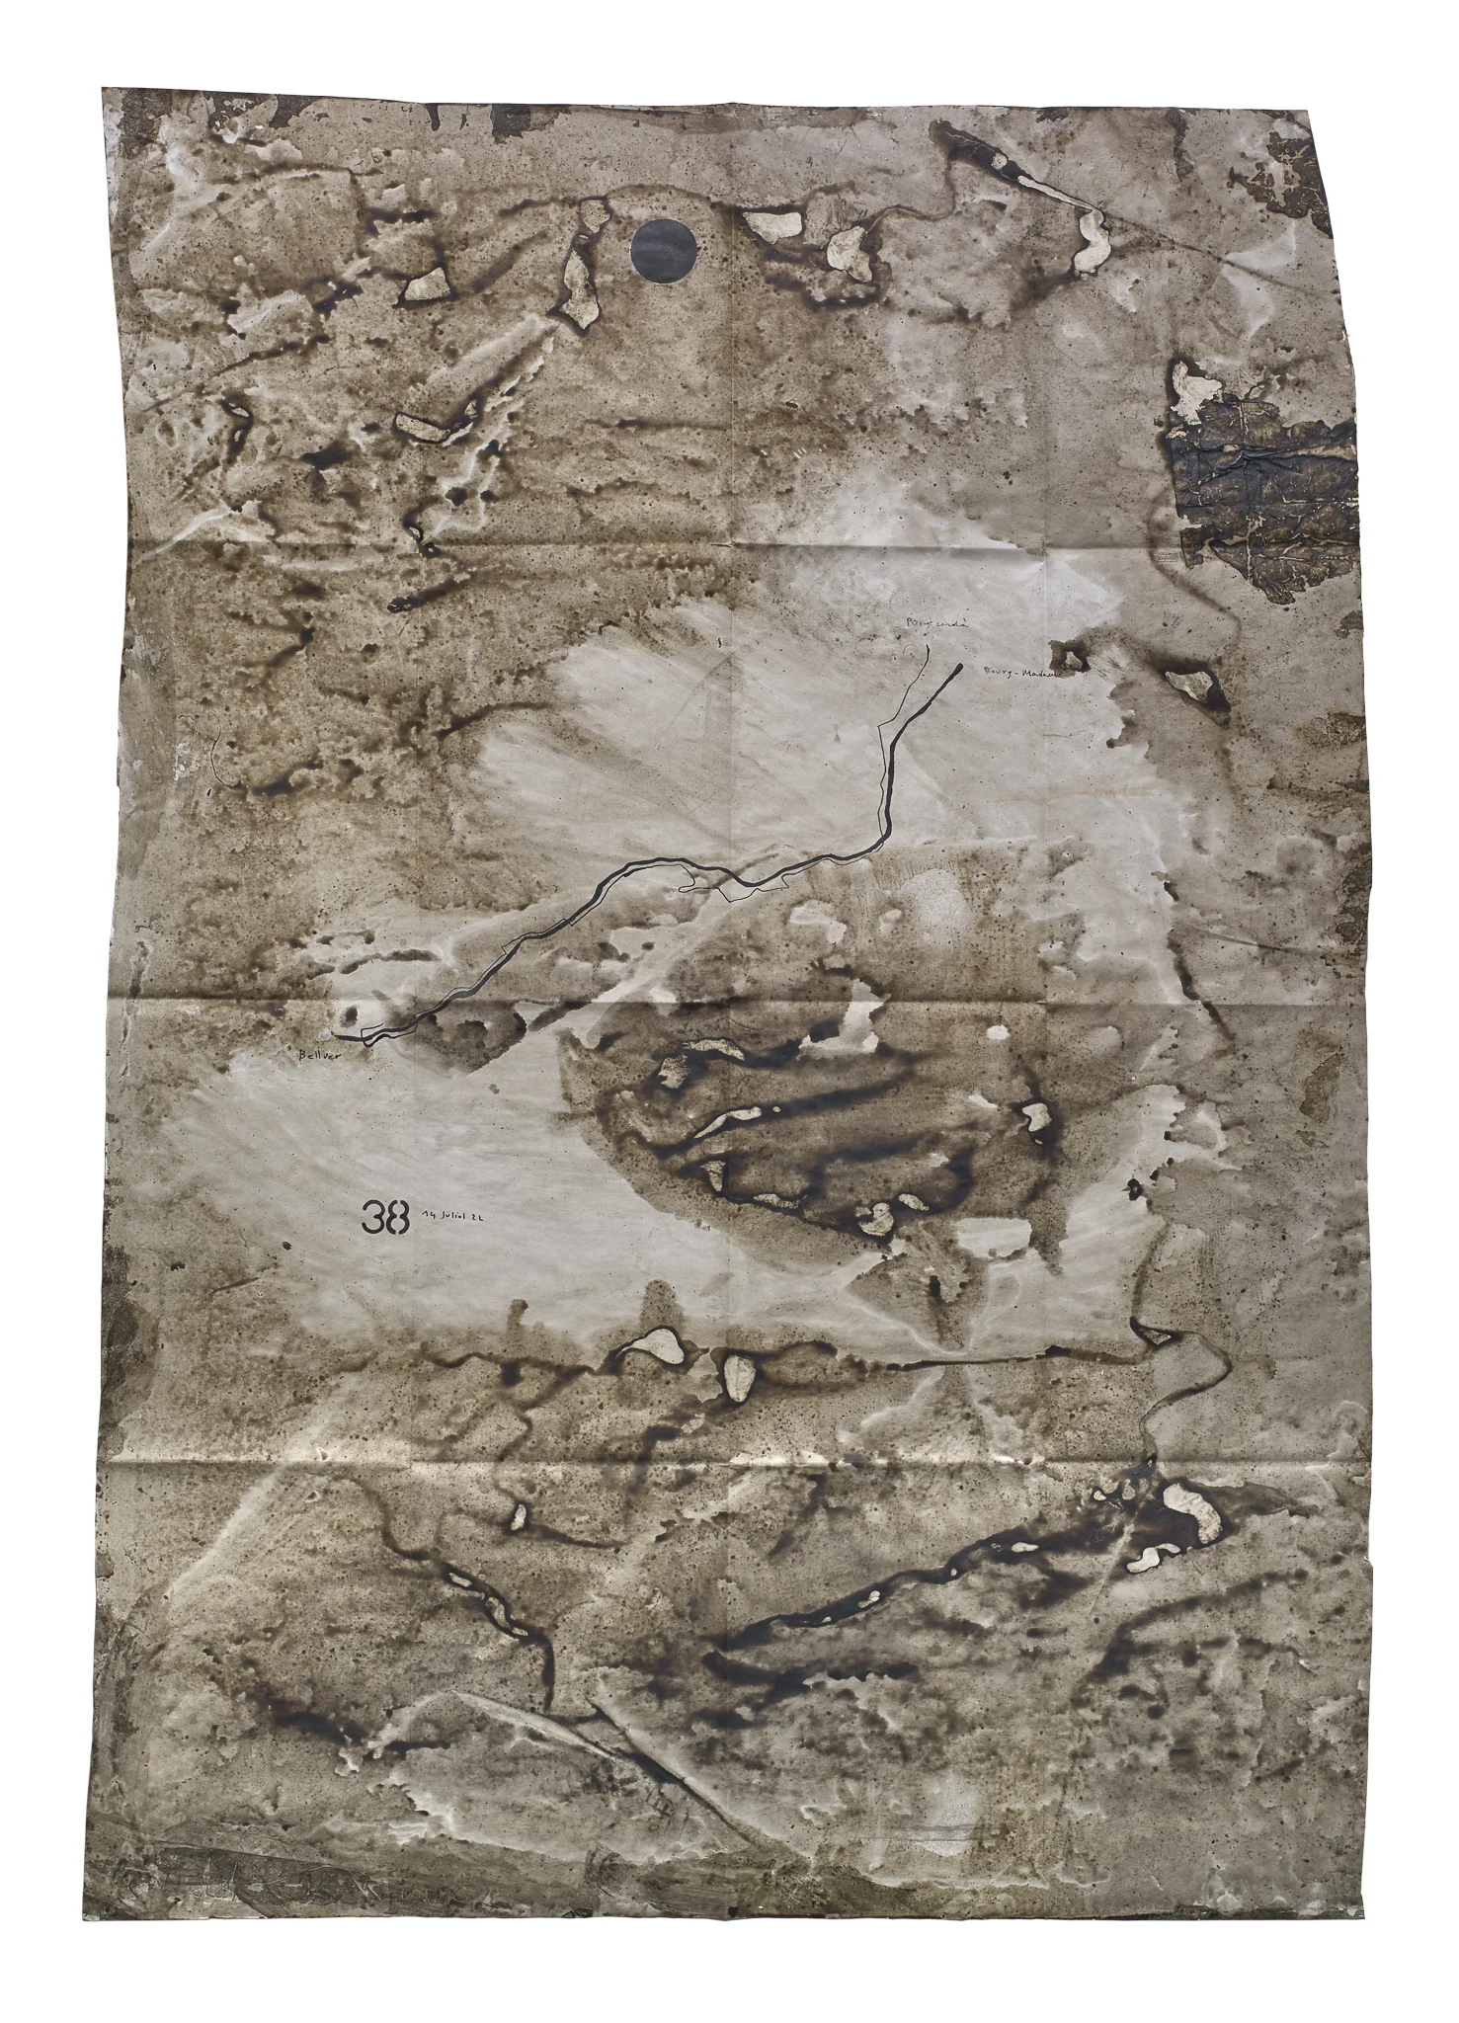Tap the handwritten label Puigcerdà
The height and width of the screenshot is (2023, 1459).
pyautogui.click(x=925, y=625)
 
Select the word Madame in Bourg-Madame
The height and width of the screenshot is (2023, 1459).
pyautogui.click(x=1039, y=674)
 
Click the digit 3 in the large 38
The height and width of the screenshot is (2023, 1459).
pyautogui.click(x=373, y=1218)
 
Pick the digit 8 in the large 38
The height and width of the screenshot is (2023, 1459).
pyautogui.click(x=398, y=1218)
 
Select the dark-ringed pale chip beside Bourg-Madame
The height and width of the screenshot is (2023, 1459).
pyautogui.click(x=1192, y=684)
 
